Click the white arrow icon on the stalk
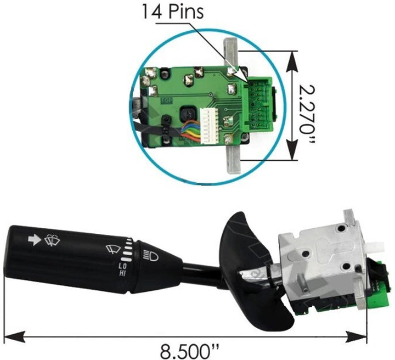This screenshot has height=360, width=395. click(x=33, y=239)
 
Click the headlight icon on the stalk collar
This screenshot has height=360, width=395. click(x=148, y=255)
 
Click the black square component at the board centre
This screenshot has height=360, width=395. click(x=188, y=114)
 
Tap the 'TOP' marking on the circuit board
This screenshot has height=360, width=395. click(x=166, y=100)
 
